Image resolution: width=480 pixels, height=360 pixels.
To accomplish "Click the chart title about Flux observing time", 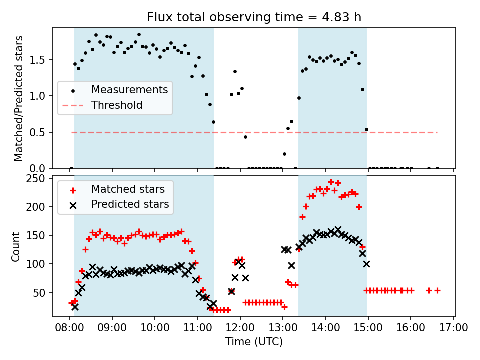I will coord(254,17).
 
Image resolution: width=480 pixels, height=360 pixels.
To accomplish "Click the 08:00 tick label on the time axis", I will coord(69,328).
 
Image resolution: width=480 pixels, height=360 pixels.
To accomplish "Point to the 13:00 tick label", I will coord(283,328).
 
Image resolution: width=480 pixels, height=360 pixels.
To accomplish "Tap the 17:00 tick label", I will coord(454,328).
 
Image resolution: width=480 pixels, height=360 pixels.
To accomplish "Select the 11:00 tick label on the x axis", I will coord(197,328).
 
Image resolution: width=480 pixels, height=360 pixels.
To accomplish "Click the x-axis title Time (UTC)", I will coord(254,342).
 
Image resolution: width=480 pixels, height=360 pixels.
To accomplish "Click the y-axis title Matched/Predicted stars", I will coord(19,98).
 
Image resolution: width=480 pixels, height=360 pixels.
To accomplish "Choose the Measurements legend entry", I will coord(129,90).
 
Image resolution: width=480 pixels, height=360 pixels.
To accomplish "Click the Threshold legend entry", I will coord(117,105).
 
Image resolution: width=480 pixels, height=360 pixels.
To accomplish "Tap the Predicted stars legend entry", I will coord(130,204).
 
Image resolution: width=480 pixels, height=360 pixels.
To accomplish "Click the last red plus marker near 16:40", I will coord(437,290).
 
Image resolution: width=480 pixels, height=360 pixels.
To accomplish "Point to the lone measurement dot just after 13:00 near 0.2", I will coord(284,154).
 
